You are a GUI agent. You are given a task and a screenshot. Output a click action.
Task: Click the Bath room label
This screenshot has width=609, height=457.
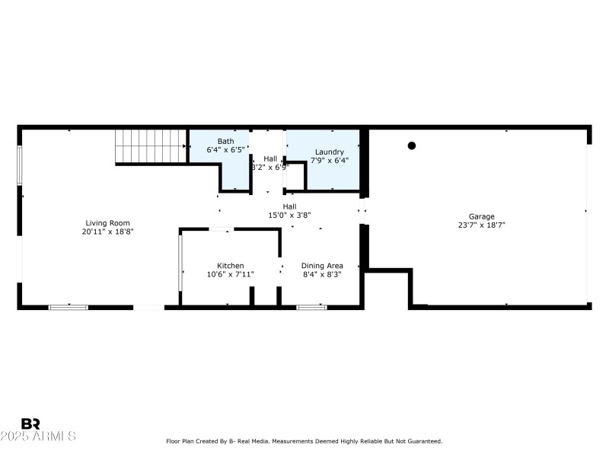tap(225, 141)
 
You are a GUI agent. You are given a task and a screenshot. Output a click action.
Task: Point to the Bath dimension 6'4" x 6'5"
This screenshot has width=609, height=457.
tap(225, 150)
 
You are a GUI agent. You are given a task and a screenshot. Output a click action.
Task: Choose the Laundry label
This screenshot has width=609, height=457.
tap(330, 152)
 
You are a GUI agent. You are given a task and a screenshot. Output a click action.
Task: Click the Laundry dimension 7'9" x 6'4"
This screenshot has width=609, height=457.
tap(330, 161)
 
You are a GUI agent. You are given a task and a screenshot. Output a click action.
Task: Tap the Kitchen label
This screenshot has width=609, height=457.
tap(230, 265)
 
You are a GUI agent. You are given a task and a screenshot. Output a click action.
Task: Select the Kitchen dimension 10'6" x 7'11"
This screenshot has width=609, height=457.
tap(230, 274)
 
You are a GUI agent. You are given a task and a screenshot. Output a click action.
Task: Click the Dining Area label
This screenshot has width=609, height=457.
tap(322, 265)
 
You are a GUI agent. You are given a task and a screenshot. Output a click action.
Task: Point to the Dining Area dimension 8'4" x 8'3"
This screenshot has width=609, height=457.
tap(322, 274)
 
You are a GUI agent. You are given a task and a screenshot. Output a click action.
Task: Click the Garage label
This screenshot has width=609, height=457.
tap(481, 216)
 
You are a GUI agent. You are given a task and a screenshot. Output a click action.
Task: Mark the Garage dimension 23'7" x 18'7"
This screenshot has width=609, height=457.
tap(481, 225)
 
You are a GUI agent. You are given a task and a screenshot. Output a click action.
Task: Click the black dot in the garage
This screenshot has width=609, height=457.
tap(412, 145)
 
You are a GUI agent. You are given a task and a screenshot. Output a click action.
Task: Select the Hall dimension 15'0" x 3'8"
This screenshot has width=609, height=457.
tap(289, 215)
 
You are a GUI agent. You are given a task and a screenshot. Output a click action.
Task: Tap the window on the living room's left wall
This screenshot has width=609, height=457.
tap(20, 165)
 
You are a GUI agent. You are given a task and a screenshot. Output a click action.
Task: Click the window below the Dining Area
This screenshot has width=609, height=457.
tap(311, 307)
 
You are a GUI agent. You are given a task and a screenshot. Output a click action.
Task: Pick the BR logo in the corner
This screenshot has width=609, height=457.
tap(30, 423)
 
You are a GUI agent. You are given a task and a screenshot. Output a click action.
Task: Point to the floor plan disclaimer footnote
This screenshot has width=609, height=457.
tap(304, 441)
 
